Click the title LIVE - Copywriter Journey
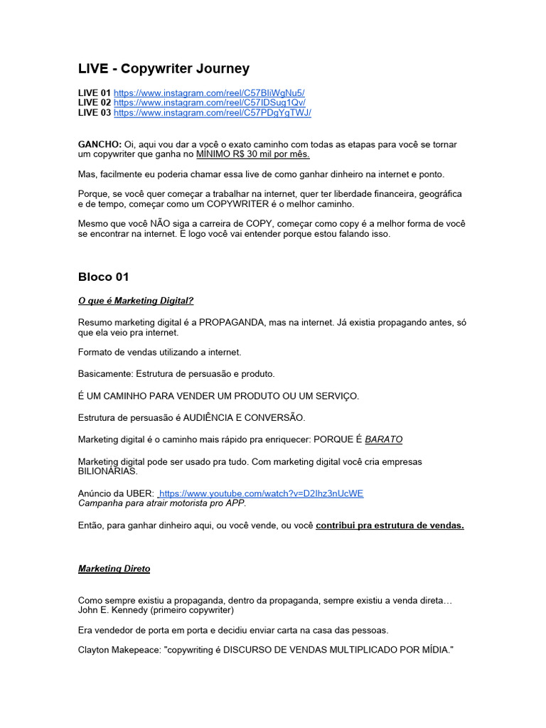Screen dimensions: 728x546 164,69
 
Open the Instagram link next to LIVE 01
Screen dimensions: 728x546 209,93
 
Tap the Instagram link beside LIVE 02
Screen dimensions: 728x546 209,103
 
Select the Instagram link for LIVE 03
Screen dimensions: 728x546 212,113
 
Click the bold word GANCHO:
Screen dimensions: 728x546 100,144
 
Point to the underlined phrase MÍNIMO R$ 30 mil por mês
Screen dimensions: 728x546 252,154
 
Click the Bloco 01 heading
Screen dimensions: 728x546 103,277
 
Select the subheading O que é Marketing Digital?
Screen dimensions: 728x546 135,301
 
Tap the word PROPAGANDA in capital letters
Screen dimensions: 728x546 232,323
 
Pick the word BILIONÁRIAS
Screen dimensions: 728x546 107,471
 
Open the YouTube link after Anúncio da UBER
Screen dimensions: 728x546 262,493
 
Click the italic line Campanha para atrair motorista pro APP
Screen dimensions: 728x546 162,503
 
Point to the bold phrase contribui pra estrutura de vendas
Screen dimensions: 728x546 390,525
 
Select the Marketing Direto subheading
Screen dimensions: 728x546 114,569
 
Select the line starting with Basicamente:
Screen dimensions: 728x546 176,373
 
